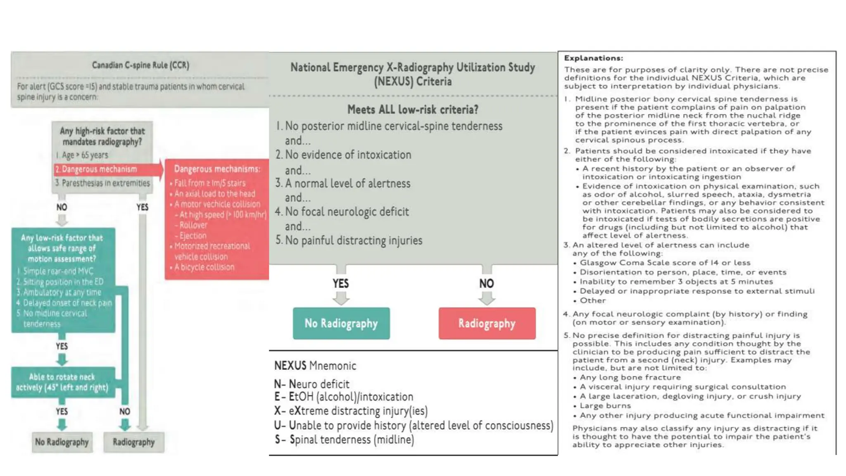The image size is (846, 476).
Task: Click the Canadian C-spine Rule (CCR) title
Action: (x=140, y=65)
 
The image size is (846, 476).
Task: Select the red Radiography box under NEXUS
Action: (x=487, y=324)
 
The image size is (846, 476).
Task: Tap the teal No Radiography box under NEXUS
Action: (x=341, y=324)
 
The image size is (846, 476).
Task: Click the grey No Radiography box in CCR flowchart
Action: (x=62, y=442)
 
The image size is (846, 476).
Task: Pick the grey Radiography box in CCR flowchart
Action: (x=133, y=442)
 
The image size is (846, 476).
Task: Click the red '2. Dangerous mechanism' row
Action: (x=99, y=169)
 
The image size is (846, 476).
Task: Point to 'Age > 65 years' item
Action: (x=85, y=155)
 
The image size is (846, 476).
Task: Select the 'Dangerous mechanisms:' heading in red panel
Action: (x=217, y=169)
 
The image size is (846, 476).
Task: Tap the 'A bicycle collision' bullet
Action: (x=204, y=267)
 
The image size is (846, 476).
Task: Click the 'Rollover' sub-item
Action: (x=193, y=225)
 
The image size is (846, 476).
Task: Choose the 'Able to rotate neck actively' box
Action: (x=62, y=382)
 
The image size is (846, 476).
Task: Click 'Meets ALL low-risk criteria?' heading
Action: (x=413, y=109)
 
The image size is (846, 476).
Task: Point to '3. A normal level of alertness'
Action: (x=343, y=183)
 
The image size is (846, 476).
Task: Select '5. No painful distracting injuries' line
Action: (x=349, y=240)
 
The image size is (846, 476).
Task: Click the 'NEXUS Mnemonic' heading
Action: (x=315, y=366)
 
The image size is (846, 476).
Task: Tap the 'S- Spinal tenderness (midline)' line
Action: (x=345, y=440)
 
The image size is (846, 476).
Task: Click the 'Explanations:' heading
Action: (x=593, y=58)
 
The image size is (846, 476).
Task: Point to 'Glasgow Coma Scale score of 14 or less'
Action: (x=665, y=263)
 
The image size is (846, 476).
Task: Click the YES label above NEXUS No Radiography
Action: (x=341, y=283)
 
